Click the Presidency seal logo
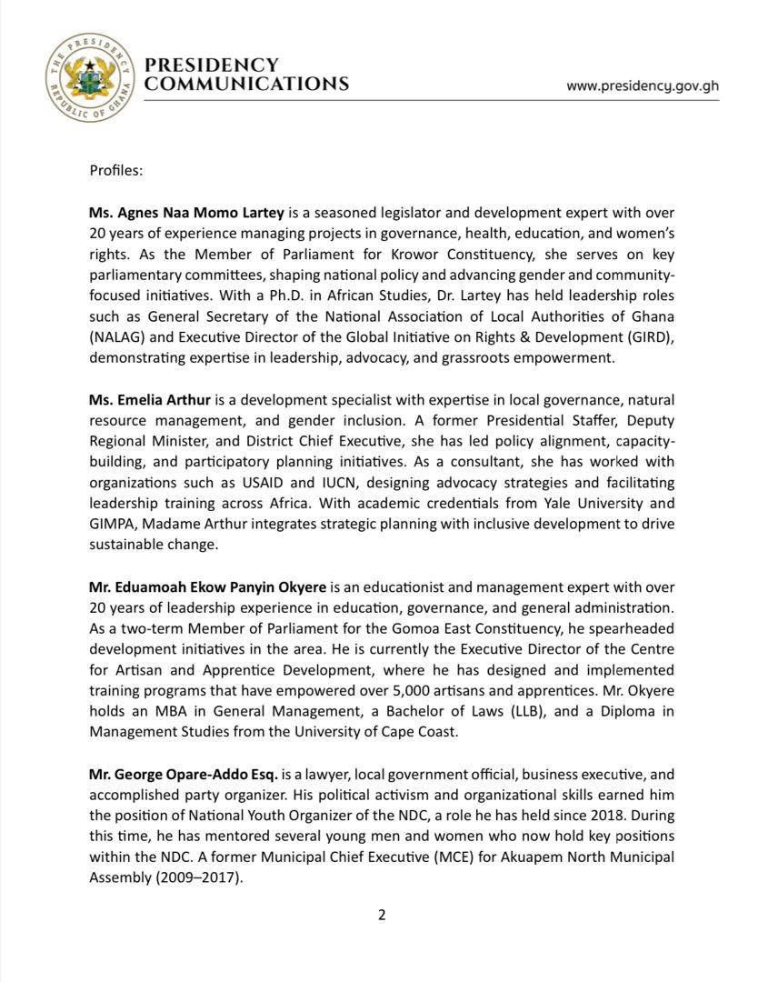89,78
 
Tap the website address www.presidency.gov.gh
642,85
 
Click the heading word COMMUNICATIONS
247,84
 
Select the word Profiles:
115,170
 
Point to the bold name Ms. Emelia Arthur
150,400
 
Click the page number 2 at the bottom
382,915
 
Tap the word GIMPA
113,525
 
